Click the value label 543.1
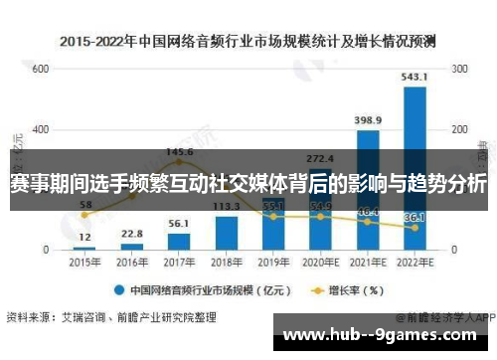(x=414, y=77)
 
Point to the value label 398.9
(x=368, y=120)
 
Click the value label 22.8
(x=132, y=234)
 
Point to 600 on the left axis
(x=40, y=70)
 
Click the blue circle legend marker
(x=117, y=291)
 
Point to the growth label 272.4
(x=320, y=157)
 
